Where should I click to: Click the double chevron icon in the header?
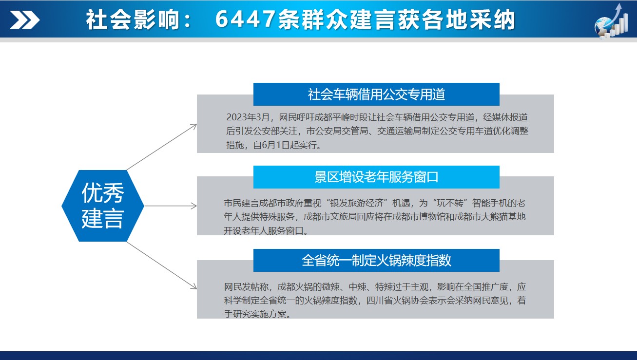point(25,19)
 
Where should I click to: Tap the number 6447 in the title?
point(246,19)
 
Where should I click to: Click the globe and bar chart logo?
point(611,20)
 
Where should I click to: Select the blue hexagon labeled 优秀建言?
point(103,206)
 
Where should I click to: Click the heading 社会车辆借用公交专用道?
point(376,95)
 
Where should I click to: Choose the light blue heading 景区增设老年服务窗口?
point(376,177)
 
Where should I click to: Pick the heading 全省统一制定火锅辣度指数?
point(376,260)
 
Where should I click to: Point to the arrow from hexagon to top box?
point(162,147)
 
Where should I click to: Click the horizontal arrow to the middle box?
point(171,206)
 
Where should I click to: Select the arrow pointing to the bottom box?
point(162,265)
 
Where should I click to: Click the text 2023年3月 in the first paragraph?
point(248,117)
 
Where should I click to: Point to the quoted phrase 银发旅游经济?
point(357,203)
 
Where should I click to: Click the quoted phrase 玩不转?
point(450,203)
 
